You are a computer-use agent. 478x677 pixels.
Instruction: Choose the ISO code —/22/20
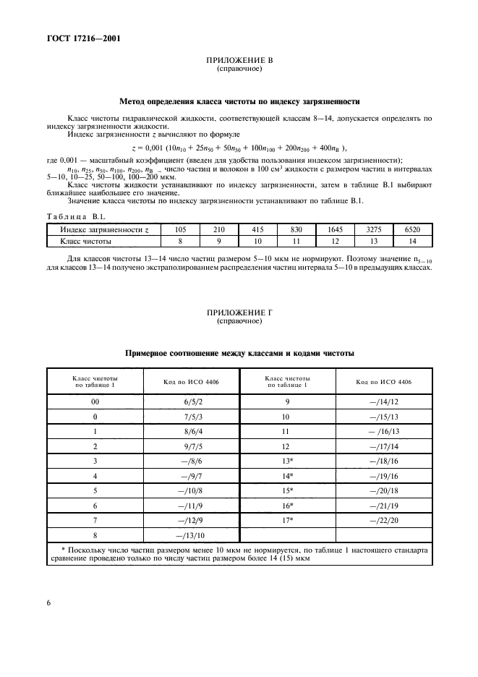[x=383, y=519]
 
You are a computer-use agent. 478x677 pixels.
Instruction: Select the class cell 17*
[x=288, y=519]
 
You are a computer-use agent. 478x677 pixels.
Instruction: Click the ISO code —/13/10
[x=178, y=535]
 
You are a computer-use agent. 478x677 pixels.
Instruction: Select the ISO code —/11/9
[x=178, y=505]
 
